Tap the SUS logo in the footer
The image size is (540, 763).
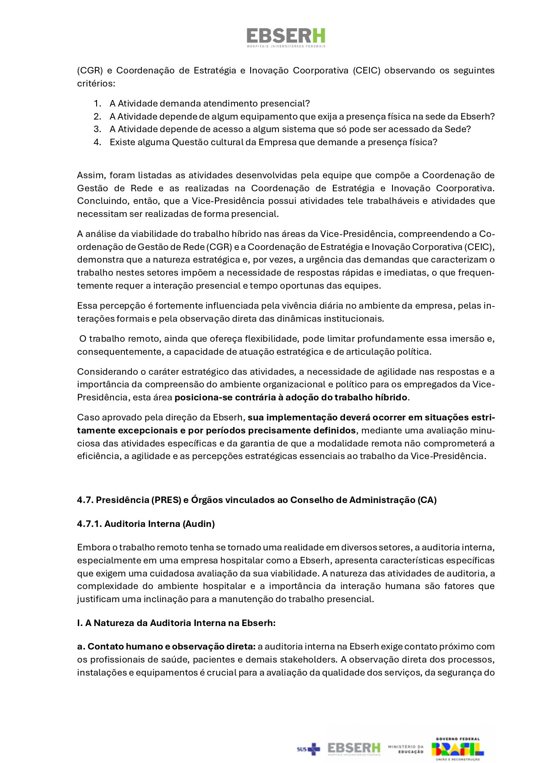(x=308, y=749)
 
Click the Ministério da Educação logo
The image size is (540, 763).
(x=406, y=749)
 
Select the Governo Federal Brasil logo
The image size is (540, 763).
(x=457, y=749)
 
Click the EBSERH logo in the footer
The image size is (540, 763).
(x=354, y=749)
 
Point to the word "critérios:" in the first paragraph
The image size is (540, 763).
(x=96, y=83)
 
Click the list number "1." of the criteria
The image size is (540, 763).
(x=97, y=103)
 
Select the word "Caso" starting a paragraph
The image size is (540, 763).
(x=87, y=417)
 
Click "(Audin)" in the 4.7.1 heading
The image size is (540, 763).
(x=198, y=524)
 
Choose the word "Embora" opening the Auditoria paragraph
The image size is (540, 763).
(x=91, y=547)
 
